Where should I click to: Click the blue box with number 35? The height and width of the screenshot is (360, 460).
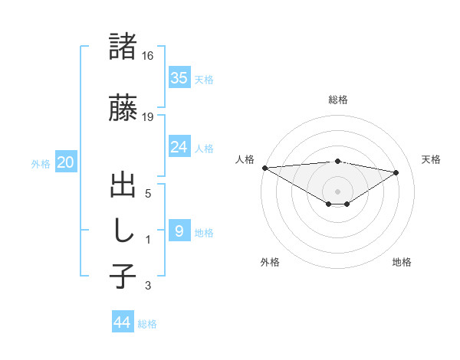coord(179,77)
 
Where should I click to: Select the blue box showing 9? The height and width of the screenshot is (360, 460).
coord(179,231)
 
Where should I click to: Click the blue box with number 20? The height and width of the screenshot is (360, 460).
coord(65,163)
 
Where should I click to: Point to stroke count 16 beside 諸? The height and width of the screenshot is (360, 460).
coord(149,56)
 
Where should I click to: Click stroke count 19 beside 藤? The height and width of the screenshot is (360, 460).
coord(149,116)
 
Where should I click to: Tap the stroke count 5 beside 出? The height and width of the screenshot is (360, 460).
coord(148,194)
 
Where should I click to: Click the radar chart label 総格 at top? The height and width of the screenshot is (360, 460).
coord(337,100)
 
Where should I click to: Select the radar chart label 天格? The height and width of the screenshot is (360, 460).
coord(431,159)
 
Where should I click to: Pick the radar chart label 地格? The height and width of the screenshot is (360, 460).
coord(402,262)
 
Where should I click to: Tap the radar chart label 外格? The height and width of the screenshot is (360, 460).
coord(270,262)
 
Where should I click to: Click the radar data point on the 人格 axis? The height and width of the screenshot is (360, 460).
coord(264,167)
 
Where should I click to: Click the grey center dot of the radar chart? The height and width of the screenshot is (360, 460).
coord(337,190)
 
